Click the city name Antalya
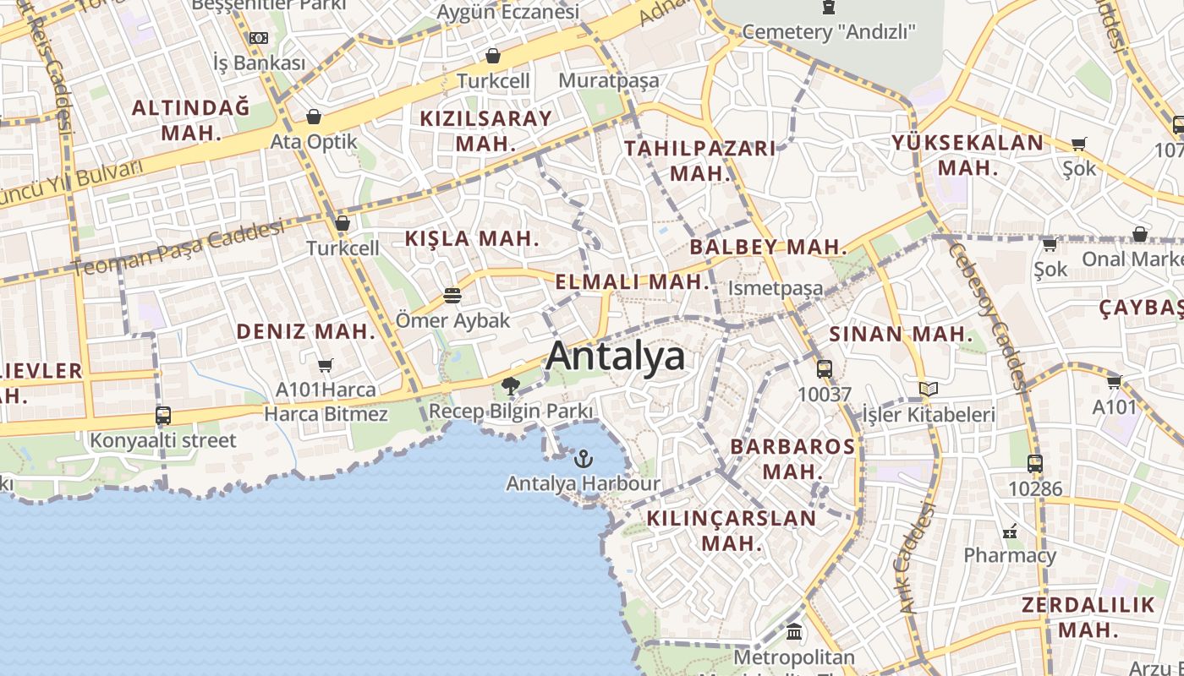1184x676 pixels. (x=615, y=356)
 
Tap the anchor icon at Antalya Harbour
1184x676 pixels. (x=583, y=459)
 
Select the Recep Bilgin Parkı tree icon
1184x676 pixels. (x=510, y=386)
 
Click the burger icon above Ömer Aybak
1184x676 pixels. (x=452, y=296)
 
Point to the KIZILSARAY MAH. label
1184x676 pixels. (x=485, y=130)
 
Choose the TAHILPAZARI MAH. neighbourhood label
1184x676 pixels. (x=699, y=161)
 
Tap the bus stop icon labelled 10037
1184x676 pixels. (x=825, y=368)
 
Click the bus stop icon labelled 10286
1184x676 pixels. (x=1035, y=463)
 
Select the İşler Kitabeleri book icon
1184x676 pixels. (x=929, y=390)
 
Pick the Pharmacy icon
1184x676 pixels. (x=1010, y=532)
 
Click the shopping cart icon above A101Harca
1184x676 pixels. (x=326, y=365)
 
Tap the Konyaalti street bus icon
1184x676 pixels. (x=163, y=416)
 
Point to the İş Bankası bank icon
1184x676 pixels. (x=259, y=38)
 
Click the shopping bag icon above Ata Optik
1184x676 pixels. (x=314, y=117)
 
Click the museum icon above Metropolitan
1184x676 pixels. (x=794, y=631)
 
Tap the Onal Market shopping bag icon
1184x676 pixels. (x=1140, y=234)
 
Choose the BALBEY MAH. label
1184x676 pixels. (x=768, y=248)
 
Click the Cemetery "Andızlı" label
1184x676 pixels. (x=829, y=32)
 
